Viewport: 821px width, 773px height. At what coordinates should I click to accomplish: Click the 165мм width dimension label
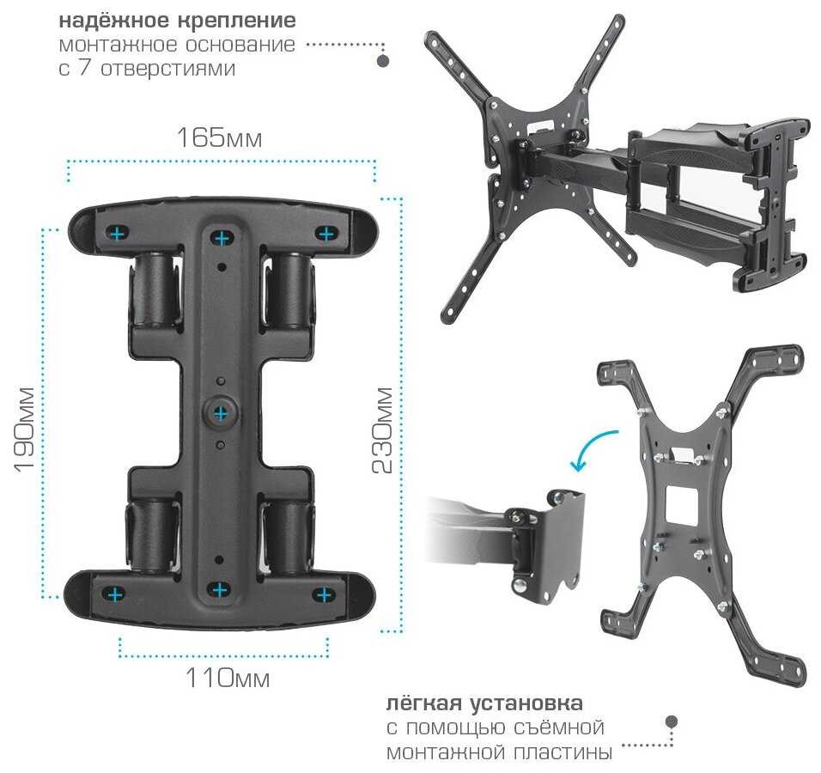pyautogui.click(x=219, y=137)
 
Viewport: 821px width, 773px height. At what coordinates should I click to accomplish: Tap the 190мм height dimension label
pyautogui.click(x=25, y=429)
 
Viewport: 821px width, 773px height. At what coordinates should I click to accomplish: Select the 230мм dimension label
pyautogui.click(x=383, y=430)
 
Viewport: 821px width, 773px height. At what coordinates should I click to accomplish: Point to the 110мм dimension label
pyautogui.click(x=228, y=678)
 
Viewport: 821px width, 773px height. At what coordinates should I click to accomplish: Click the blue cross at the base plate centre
pyautogui.click(x=221, y=414)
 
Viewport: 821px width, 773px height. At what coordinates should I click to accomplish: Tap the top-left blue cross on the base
pyautogui.click(x=117, y=233)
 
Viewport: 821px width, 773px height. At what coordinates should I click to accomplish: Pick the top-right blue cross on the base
pyautogui.click(x=326, y=233)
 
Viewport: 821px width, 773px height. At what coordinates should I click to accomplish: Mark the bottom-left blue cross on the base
pyautogui.click(x=114, y=594)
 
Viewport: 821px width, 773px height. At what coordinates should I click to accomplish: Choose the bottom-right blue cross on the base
pyautogui.click(x=324, y=594)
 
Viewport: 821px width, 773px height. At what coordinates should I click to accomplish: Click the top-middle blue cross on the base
pyautogui.click(x=222, y=238)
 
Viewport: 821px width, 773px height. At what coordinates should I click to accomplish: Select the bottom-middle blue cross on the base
pyautogui.click(x=219, y=590)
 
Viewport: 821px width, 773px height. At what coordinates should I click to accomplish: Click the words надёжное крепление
pyautogui.click(x=178, y=21)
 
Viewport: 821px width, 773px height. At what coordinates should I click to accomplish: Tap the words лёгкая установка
pyautogui.click(x=484, y=703)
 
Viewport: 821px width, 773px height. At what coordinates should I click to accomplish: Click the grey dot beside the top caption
pyautogui.click(x=383, y=61)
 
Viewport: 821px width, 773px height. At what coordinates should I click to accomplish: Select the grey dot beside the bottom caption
pyautogui.click(x=672, y=721)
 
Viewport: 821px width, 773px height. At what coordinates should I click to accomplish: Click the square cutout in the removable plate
pyautogui.click(x=681, y=505)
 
